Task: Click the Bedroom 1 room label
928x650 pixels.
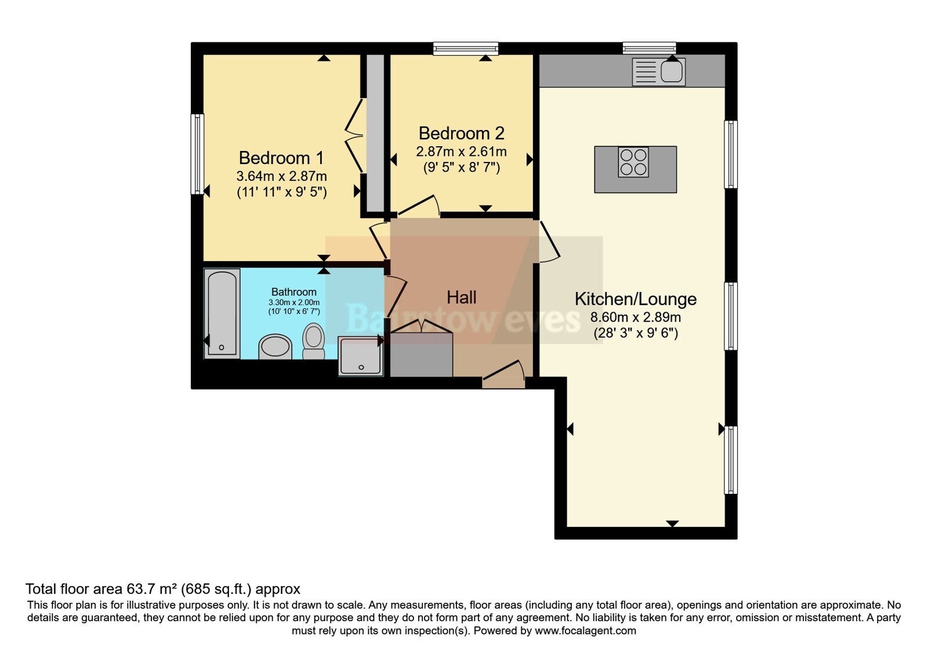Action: coord(281,158)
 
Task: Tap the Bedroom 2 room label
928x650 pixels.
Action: coord(461,133)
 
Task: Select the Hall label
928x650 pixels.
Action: coord(461,297)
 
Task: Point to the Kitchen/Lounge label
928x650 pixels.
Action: coord(636,299)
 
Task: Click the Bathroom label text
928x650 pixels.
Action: coord(293,292)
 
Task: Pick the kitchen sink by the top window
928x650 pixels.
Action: coord(658,72)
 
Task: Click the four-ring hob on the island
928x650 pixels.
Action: coord(633,162)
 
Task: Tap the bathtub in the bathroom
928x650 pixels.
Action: coord(222,313)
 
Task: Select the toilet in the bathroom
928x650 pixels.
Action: coord(313,341)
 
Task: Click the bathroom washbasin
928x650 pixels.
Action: coord(275,346)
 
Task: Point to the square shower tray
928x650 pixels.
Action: coord(360,356)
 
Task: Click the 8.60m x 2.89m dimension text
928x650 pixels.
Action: coord(636,317)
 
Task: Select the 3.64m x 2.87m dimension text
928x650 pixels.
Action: coord(281,176)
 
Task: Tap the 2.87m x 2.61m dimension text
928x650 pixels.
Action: coord(461,151)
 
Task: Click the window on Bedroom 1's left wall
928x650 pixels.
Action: coord(198,154)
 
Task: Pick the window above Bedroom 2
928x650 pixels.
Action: coord(466,49)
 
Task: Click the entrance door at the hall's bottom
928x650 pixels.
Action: coord(504,374)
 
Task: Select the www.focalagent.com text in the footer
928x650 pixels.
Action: coord(585,631)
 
